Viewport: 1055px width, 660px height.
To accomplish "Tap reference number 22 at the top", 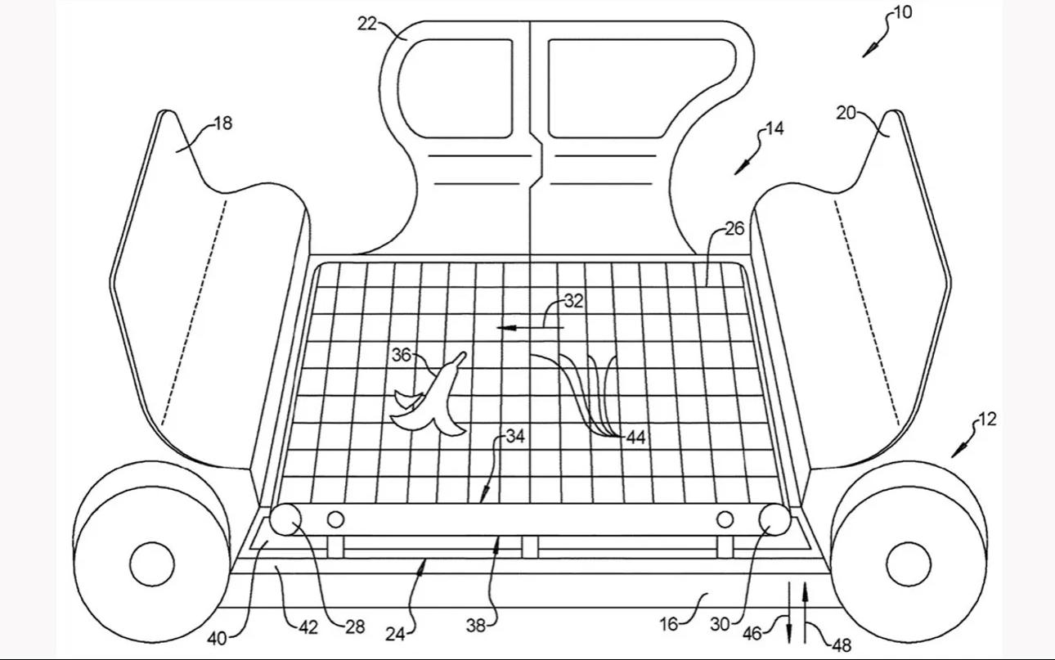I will click(366, 24).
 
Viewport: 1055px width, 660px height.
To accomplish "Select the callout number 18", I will click(222, 123).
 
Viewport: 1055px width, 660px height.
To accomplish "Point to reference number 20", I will click(846, 114).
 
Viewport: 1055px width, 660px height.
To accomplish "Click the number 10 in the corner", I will click(902, 13).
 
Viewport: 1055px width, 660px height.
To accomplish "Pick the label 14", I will click(774, 129).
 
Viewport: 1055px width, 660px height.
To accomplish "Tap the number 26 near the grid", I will click(734, 229).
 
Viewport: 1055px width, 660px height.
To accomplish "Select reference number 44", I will click(635, 438).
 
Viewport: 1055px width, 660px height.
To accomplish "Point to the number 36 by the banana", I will click(401, 355).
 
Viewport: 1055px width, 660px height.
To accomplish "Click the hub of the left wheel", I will click(152, 563).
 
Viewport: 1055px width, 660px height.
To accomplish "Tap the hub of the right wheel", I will click(908, 563).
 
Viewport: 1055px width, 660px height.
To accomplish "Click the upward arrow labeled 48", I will click(805, 609).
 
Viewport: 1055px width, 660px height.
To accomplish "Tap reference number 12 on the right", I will click(987, 420).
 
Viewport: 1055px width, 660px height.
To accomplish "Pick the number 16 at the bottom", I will click(669, 624).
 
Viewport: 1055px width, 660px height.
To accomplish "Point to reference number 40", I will click(217, 639).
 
